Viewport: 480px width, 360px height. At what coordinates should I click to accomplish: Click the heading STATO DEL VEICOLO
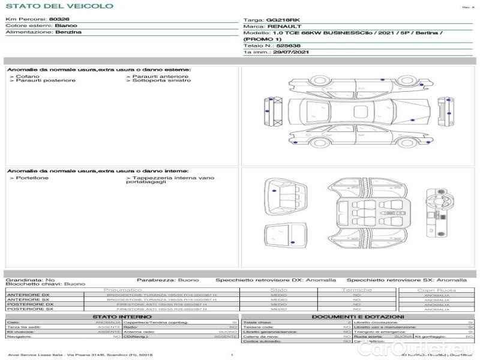coord(58,6)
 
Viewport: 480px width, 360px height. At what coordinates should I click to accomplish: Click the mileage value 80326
coord(59,19)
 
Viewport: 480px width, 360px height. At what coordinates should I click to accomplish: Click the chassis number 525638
coord(288,46)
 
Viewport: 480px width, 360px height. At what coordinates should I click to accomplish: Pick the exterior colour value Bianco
coord(65,26)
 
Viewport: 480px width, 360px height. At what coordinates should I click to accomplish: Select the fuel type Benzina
coord(68,32)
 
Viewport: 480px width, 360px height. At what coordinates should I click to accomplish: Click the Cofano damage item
coord(27,76)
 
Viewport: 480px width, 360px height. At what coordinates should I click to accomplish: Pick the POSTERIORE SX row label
coord(29,309)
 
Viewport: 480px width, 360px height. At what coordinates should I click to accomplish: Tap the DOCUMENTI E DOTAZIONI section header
coord(358,316)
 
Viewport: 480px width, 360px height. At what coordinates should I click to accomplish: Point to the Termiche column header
coord(356,290)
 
